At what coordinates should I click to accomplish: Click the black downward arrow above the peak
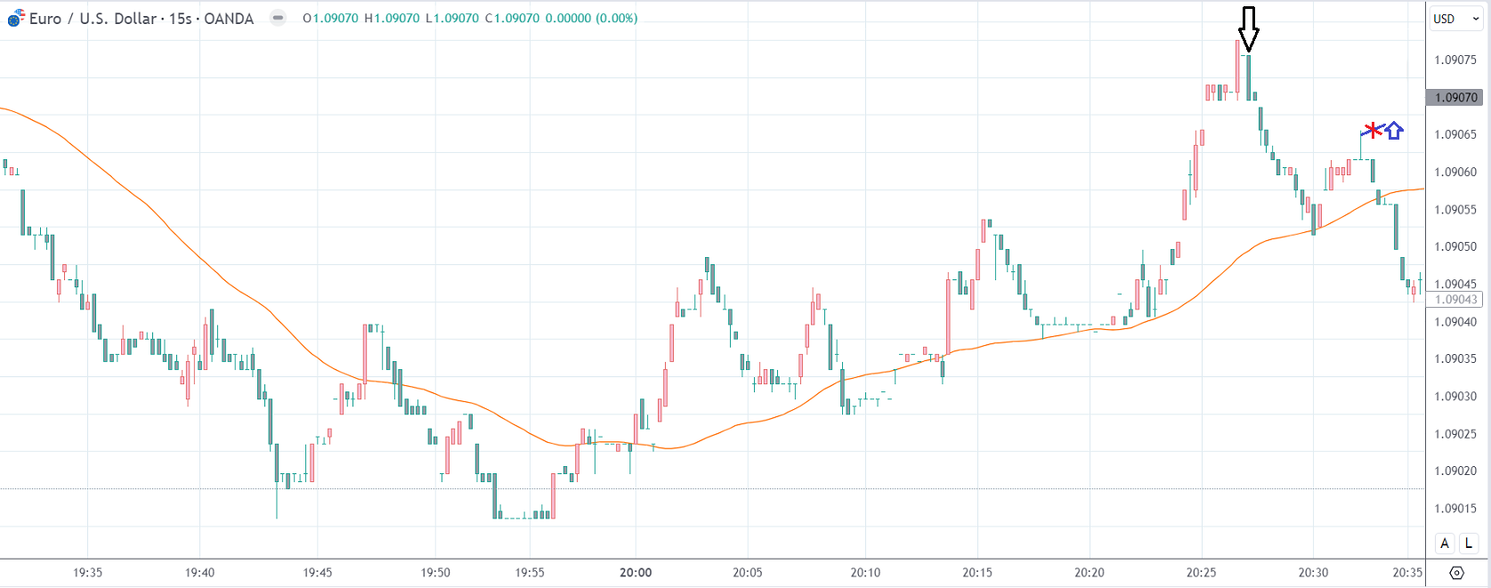click(x=1249, y=28)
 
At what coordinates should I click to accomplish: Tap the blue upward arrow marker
click(x=1394, y=131)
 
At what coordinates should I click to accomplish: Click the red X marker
click(x=1374, y=131)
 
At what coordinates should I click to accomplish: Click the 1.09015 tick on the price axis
click(x=1455, y=509)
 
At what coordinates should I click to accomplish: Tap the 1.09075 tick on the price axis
click(x=1455, y=60)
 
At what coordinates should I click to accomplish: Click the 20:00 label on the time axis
click(x=636, y=573)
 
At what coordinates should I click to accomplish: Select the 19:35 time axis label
click(x=87, y=573)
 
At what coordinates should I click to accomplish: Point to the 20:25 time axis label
click(x=1201, y=573)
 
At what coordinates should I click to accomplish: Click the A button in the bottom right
click(x=1445, y=543)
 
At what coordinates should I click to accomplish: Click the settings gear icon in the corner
click(x=1456, y=573)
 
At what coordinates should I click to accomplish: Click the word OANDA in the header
click(x=229, y=19)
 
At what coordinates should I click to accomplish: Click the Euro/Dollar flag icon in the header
click(x=16, y=19)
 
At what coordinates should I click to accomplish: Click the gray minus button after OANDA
click(x=279, y=18)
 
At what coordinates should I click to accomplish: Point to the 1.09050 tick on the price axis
click(x=1455, y=246)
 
